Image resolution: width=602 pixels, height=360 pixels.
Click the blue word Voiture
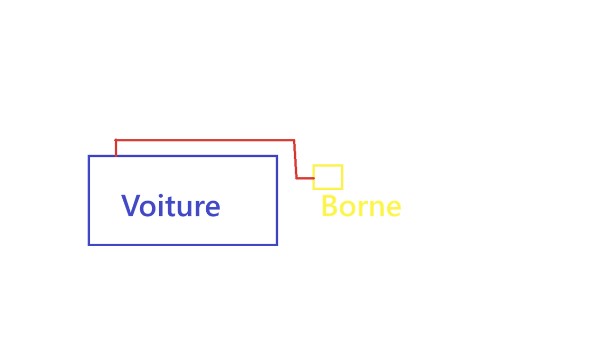171,206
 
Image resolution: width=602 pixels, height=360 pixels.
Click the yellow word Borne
361,206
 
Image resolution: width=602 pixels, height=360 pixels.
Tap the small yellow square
328,177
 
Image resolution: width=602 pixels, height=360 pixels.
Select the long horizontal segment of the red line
205,140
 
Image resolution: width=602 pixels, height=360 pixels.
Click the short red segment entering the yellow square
305,178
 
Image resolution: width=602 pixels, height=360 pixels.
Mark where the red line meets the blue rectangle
116,156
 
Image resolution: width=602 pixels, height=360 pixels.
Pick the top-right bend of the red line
294,140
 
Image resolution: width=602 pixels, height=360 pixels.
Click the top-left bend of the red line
116,140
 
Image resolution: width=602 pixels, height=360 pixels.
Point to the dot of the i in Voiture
158,195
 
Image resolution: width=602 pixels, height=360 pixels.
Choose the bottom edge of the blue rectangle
183,245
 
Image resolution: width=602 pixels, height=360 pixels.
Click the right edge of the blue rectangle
277,201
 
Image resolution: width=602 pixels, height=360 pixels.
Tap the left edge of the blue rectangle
89,201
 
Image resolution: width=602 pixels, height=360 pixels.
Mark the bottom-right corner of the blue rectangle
277,245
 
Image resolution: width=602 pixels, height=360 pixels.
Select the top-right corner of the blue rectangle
277,156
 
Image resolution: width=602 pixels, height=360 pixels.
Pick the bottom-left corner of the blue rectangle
89,245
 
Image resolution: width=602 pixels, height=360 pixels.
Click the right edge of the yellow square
342,177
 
